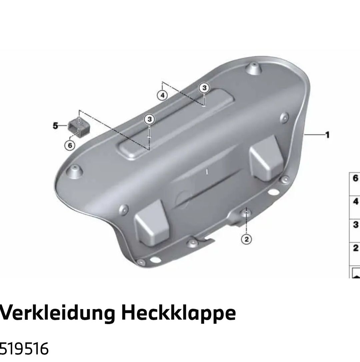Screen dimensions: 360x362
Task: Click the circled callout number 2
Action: [246, 239]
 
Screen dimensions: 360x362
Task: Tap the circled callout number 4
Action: [162, 95]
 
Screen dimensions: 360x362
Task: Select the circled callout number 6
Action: [70, 146]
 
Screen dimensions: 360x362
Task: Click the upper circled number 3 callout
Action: [204, 88]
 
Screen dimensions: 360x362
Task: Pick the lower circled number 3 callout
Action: [149, 119]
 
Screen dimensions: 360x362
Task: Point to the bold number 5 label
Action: [55, 126]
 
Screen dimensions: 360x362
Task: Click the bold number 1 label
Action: [327, 135]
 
